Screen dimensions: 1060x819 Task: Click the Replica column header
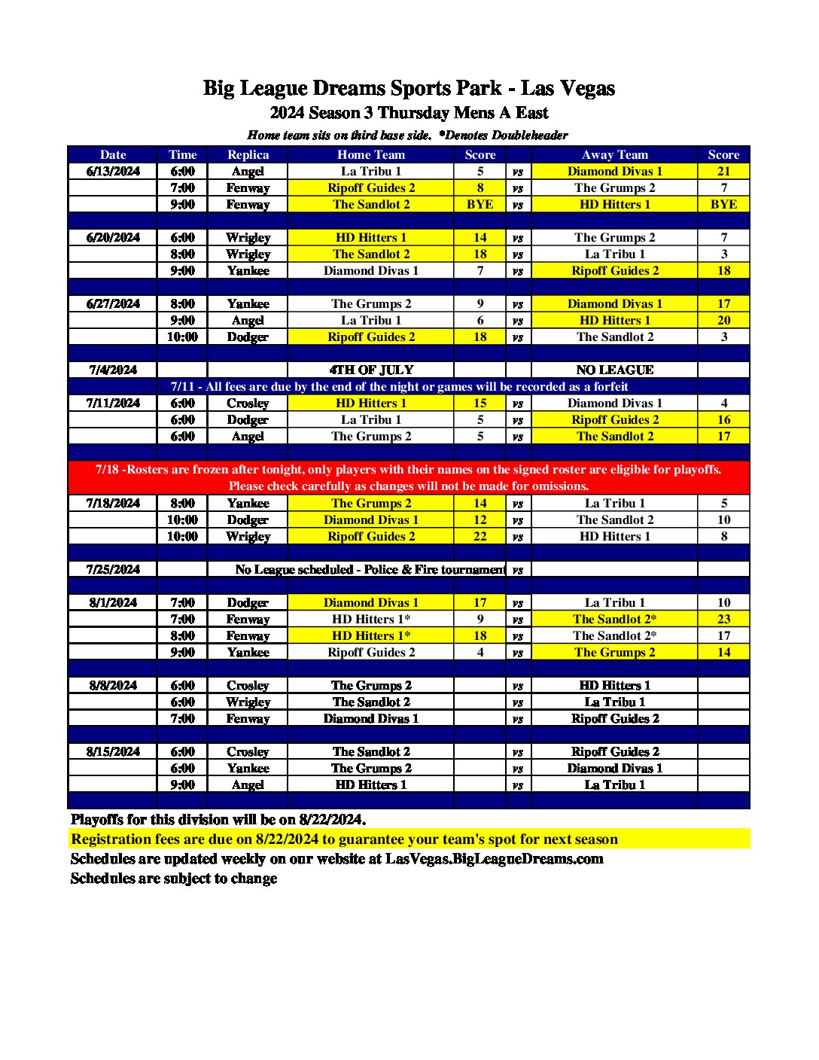248,154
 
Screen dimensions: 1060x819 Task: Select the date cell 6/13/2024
113,171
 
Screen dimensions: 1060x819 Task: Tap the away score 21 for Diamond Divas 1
723,171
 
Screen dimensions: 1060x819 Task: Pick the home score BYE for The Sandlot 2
480,204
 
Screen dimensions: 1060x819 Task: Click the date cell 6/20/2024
113,237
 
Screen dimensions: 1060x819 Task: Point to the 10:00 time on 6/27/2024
182,337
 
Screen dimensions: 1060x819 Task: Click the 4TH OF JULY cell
371,370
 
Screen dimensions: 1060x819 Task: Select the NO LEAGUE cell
614,370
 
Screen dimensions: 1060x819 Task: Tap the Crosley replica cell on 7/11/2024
248,403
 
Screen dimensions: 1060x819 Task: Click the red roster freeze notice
409,477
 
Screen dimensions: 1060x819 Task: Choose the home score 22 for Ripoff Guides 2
480,536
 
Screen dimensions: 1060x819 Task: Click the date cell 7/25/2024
113,569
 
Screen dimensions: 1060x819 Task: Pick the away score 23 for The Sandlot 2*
723,619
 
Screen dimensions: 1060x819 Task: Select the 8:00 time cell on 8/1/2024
182,635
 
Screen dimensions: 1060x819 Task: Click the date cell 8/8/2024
113,685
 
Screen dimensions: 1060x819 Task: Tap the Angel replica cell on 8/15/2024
248,784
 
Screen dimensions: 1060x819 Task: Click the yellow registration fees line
344,839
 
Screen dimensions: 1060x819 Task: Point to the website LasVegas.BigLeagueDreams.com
494,858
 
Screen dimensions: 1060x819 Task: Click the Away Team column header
614,154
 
